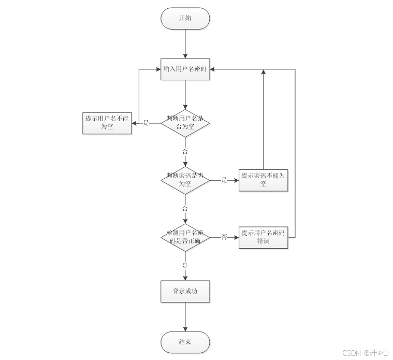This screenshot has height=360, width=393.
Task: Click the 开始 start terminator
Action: pos(185,18)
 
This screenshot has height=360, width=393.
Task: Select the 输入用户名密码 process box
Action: pos(185,68)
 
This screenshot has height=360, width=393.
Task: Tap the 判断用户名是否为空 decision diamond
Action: pos(185,123)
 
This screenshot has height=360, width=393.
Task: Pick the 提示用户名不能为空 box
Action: pos(107,123)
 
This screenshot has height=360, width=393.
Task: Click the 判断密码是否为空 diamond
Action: pos(185,179)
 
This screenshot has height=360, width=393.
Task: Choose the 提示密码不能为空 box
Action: pos(263,179)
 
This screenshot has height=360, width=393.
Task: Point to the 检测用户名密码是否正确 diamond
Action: pos(185,237)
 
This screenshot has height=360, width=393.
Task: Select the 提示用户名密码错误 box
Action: pos(263,237)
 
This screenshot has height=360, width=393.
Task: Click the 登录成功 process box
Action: pos(185,291)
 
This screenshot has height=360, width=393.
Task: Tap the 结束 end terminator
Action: pos(185,342)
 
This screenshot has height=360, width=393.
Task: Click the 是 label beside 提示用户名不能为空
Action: pos(146,123)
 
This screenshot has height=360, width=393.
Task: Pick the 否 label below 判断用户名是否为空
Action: pos(185,151)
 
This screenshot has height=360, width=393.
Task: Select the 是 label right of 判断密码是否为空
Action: pos(224,180)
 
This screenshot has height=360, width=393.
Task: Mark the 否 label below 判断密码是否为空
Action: pos(185,208)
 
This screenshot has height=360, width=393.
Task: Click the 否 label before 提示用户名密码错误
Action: pos(224,237)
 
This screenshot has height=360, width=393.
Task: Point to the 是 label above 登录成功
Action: pos(185,266)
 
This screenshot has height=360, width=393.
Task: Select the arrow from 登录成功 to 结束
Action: pos(185,316)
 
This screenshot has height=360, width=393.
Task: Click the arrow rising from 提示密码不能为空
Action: pos(263,119)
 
